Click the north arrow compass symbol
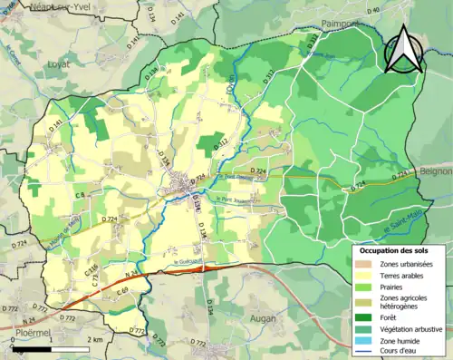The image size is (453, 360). [x=403, y=50]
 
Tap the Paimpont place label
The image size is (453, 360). [x=341, y=24]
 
